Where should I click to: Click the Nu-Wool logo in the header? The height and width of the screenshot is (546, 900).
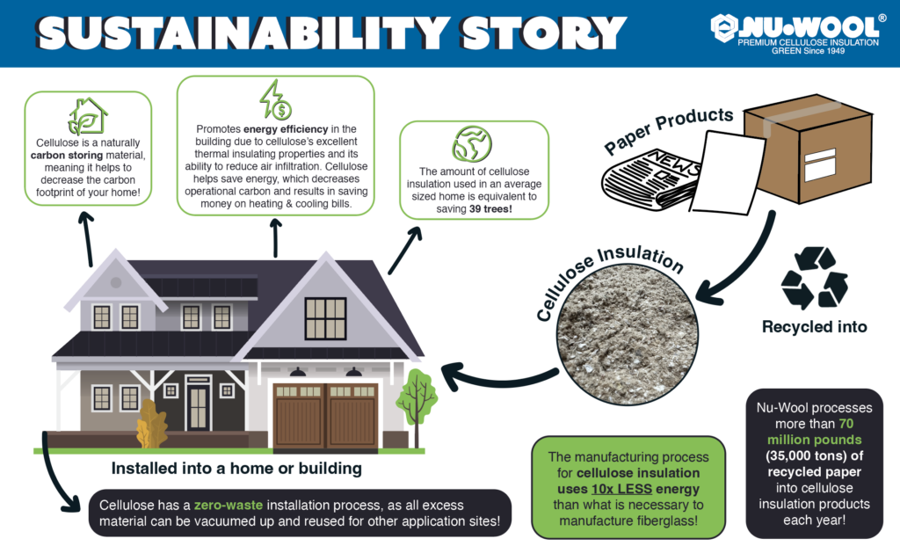pyautogui.click(x=798, y=33)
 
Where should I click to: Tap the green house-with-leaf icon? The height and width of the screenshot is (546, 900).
pyautogui.click(x=87, y=116)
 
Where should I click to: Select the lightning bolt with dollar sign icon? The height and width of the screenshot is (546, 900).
pyautogui.click(x=275, y=100)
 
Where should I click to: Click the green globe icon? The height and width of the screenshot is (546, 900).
pyautogui.click(x=472, y=143)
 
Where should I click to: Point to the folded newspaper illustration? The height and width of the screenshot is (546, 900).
pyautogui.click(x=651, y=179)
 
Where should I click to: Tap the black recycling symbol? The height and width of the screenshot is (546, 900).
pyautogui.click(x=815, y=278)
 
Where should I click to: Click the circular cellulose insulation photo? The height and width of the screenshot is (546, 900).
pyautogui.click(x=628, y=334)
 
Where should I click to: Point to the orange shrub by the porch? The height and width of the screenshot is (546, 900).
pyautogui.click(x=151, y=425)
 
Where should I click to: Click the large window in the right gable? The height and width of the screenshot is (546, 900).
pyautogui.click(x=325, y=318)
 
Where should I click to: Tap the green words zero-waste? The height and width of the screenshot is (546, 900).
pyautogui.click(x=229, y=506)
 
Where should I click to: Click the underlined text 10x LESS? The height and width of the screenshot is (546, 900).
pyautogui.click(x=621, y=489)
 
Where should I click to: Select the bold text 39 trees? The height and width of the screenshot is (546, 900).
pyautogui.click(x=490, y=209)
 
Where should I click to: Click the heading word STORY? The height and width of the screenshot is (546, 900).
pyautogui.click(x=542, y=33)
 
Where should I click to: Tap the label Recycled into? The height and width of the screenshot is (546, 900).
pyautogui.click(x=815, y=327)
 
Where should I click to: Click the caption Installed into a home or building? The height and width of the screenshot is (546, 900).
pyautogui.click(x=236, y=469)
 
